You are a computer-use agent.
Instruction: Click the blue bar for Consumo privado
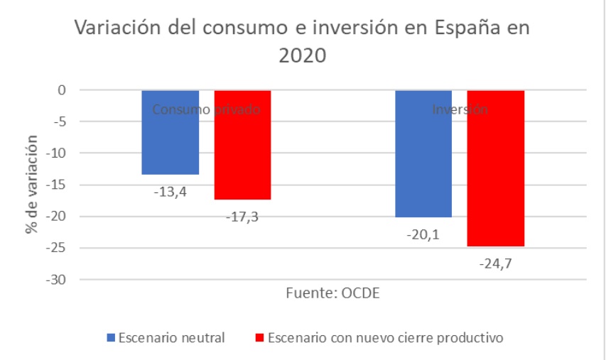click(x=171, y=132)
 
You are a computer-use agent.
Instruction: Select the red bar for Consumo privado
click(x=242, y=145)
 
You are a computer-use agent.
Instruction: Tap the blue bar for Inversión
click(x=423, y=153)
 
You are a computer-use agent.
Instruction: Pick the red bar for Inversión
click(x=496, y=168)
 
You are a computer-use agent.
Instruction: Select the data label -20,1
click(x=423, y=234)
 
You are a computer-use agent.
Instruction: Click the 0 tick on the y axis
click(x=62, y=90)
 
